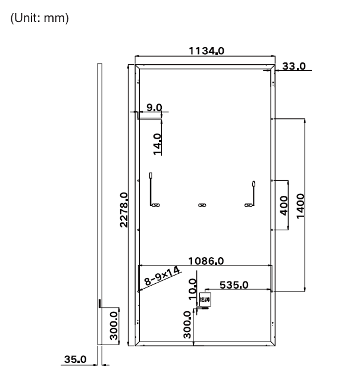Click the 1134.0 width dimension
(x=206, y=51)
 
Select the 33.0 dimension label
(x=293, y=66)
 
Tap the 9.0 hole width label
(x=154, y=107)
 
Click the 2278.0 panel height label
(x=124, y=209)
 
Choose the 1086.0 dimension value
(x=205, y=261)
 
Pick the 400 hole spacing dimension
(x=283, y=205)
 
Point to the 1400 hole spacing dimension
(x=300, y=205)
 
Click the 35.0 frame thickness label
(x=76, y=360)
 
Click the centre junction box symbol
(x=202, y=205)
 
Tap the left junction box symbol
(x=157, y=205)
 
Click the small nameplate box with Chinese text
(x=205, y=302)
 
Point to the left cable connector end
(x=151, y=176)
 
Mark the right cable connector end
(x=253, y=184)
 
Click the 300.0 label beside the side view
(x=114, y=326)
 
